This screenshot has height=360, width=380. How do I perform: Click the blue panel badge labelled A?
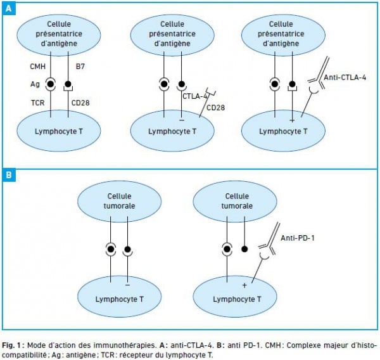point(9,9)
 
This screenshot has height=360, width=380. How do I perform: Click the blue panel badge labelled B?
point(9,175)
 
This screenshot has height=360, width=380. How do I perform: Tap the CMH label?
point(37,67)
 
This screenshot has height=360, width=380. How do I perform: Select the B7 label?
point(80,67)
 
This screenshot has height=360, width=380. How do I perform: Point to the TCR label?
point(37,103)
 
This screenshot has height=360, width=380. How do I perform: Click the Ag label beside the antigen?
point(35,84)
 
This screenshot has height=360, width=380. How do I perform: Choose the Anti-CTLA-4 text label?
point(345,77)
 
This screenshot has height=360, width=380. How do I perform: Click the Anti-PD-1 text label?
point(298,238)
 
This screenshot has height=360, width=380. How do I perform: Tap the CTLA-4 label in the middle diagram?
point(195,96)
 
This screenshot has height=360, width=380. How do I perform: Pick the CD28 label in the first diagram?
point(80,103)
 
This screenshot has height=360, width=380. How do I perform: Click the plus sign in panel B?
point(244,285)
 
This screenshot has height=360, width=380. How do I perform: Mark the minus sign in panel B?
point(128,285)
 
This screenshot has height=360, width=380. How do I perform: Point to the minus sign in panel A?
point(182,120)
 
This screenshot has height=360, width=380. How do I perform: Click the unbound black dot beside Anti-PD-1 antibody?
point(244,249)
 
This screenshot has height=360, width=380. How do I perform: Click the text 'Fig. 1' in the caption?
point(11,345)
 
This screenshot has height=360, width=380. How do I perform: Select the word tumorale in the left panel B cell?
point(119,206)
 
